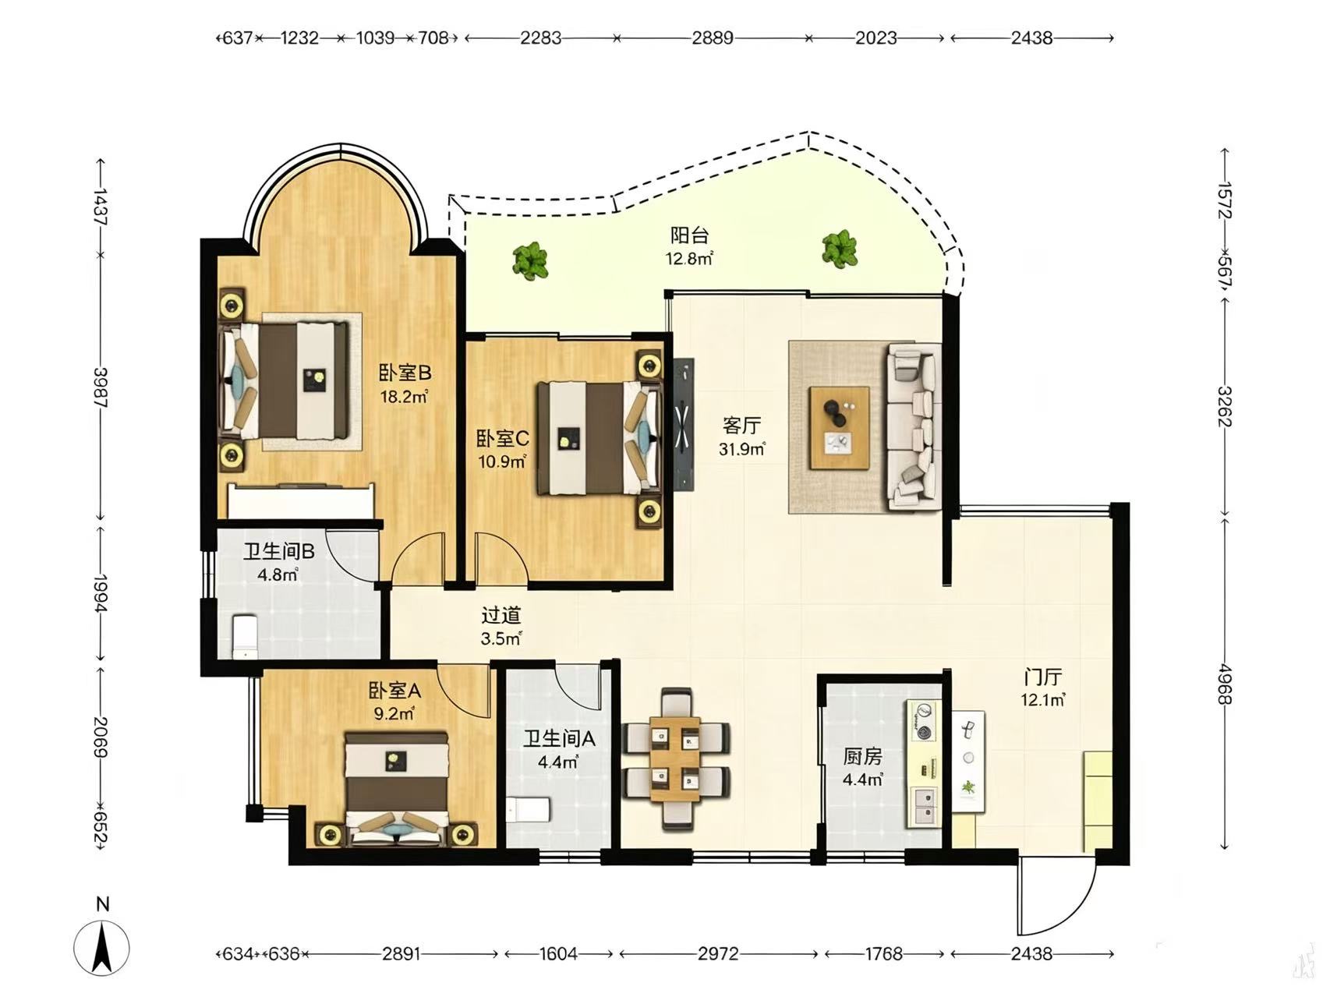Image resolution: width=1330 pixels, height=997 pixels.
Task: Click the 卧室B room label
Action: pos(405,373)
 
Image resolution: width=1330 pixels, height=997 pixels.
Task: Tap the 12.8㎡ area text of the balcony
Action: pos(689,259)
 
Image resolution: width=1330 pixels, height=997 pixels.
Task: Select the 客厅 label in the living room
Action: pos(741,426)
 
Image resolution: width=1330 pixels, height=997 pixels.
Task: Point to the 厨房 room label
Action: pos(862,757)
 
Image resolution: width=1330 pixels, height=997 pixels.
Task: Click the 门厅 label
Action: pos(1042,677)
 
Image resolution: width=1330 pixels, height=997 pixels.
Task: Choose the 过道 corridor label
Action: pos(501,616)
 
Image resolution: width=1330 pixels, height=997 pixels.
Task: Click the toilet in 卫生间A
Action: pos(528,810)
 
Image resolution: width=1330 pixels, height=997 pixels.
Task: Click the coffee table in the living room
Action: pos(840,428)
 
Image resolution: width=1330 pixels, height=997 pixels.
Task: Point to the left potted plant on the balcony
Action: pos(530,260)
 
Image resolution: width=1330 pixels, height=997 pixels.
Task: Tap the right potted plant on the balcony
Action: pos(840,249)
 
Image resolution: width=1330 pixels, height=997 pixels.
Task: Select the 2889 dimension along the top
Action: pos(713,37)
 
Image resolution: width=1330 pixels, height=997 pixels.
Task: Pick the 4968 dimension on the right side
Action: pos(1225,684)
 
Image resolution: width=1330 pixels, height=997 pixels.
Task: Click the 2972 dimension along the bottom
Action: pos(718,953)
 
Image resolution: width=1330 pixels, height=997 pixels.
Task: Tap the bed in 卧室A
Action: pos(397,788)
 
